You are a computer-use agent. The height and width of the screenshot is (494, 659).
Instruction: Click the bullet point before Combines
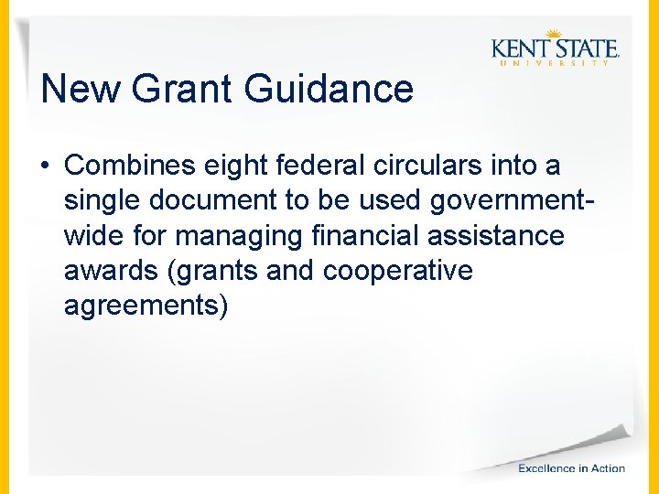[45, 166]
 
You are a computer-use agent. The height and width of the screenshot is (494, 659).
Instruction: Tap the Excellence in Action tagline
[571, 467]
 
